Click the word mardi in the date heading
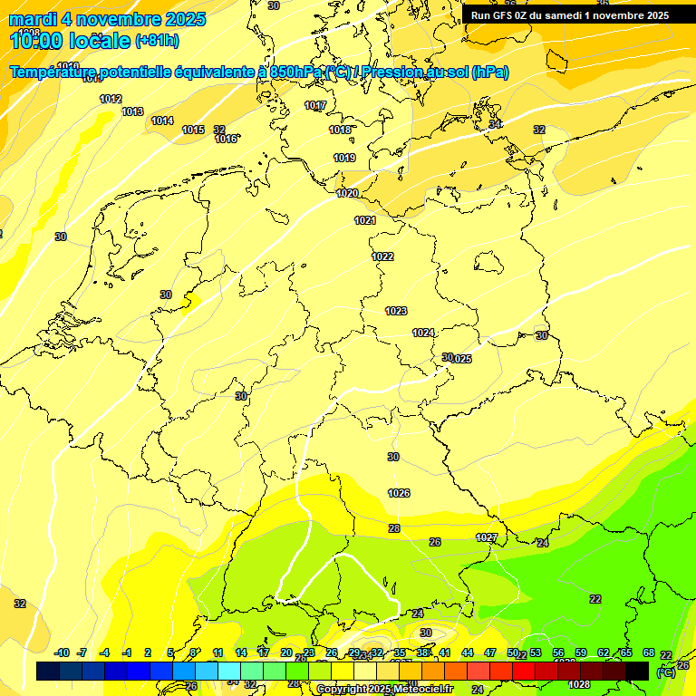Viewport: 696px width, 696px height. pyautogui.click(x=34, y=19)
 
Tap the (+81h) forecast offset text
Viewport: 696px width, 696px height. pyautogui.click(x=157, y=40)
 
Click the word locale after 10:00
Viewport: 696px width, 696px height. pyautogui.click(x=99, y=40)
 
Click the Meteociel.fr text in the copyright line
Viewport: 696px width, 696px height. pyautogui.click(x=423, y=690)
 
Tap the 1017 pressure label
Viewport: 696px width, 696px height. pyautogui.click(x=315, y=105)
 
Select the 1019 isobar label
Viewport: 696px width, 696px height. pyautogui.click(x=344, y=158)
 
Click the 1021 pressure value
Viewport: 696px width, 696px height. pyautogui.click(x=365, y=220)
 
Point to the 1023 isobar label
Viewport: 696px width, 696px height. pyautogui.click(x=396, y=311)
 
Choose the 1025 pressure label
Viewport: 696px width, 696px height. pyautogui.click(x=461, y=359)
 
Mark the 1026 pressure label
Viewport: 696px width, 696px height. pyautogui.click(x=399, y=493)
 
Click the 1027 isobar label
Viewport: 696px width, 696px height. pyautogui.click(x=487, y=537)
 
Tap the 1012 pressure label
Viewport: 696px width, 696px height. pyautogui.click(x=111, y=99)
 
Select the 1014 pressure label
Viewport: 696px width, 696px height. pyautogui.click(x=162, y=121)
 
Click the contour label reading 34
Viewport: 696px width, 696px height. pyautogui.click(x=495, y=123)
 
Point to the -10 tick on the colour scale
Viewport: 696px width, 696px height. pyautogui.click(x=63, y=652)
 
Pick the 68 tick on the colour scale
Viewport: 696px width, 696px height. pyautogui.click(x=649, y=652)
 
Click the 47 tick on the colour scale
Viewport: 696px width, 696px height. pyautogui.click(x=490, y=652)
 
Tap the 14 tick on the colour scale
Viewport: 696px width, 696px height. pyautogui.click(x=241, y=652)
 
